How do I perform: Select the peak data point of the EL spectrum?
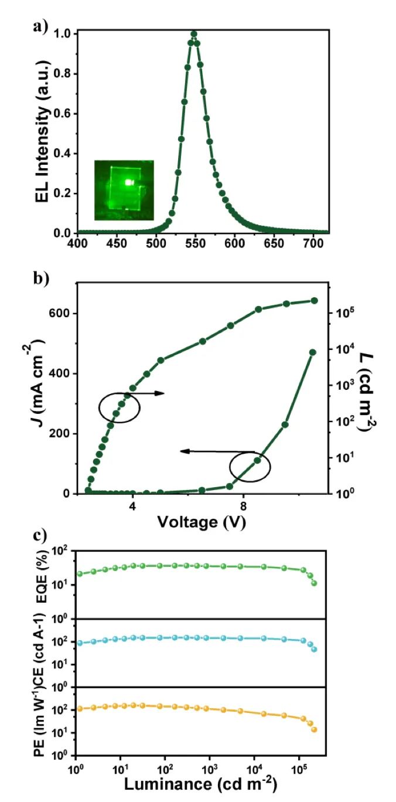pos(194,34)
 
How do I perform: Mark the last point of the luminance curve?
pos(314,301)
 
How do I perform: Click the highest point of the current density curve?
pos(312,352)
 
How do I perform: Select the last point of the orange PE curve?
pos(314,730)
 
